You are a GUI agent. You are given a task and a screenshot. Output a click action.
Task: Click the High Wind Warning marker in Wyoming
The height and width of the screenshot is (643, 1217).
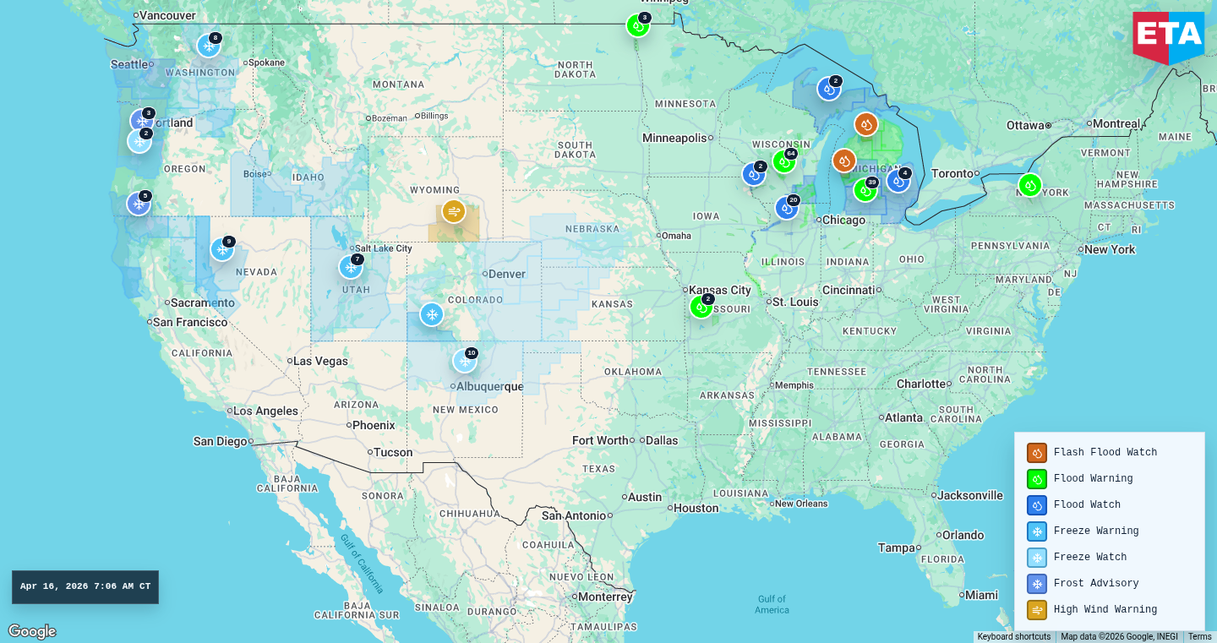tap(454, 211)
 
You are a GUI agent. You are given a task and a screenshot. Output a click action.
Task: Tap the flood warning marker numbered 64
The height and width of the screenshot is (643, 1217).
tap(784, 161)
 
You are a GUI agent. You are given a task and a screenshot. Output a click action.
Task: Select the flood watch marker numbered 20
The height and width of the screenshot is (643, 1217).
tap(787, 208)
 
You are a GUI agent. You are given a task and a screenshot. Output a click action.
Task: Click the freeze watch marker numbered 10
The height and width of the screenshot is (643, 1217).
tap(464, 361)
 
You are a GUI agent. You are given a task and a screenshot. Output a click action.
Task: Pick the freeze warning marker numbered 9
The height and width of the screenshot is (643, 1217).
tap(222, 249)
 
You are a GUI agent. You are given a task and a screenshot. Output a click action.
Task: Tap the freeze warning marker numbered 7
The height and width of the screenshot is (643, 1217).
tap(351, 267)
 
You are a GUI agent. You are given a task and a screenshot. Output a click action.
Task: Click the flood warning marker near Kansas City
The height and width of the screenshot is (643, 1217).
tap(701, 307)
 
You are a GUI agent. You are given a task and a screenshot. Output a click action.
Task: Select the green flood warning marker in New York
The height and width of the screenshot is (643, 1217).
tap(1029, 185)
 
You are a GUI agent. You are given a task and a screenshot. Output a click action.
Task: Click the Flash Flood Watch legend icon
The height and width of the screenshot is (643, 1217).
tap(1037, 453)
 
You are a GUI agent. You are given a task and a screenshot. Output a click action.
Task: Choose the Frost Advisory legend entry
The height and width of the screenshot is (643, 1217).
tap(1095, 584)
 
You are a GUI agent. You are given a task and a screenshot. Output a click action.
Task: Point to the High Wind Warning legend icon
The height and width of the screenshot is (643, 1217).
tap(1037, 610)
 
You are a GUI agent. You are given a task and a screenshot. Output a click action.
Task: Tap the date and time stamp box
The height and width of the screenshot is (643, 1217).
tap(85, 587)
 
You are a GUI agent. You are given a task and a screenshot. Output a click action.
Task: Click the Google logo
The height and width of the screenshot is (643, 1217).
tap(32, 631)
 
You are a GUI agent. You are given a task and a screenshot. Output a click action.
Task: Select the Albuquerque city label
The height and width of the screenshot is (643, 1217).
tap(489, 387)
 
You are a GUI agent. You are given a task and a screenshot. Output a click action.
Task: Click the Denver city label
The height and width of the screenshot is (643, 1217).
tap(506, 274)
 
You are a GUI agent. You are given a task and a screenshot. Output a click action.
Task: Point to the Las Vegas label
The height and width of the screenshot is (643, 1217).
tap(319, 362)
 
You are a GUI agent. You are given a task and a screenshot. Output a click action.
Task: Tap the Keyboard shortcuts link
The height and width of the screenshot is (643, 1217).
tap(1013, 637)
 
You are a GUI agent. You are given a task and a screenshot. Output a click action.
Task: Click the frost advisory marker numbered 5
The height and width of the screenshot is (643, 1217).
tap(139, 204)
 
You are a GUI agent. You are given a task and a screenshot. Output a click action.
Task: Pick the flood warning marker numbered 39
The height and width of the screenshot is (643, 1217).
tap(865, 190)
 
